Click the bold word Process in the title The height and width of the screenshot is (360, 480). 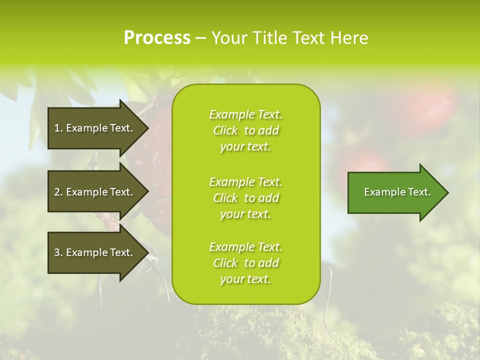click(x=157, y=38)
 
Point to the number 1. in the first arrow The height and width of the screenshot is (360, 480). click(x=58, y=128)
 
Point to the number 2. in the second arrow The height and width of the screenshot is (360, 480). click(x=58, y=192)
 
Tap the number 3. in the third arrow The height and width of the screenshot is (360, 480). click(x=58, y=252)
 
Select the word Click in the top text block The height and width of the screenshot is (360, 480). click(x=225, y=130)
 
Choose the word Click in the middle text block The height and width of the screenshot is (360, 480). click(x=225, y=198)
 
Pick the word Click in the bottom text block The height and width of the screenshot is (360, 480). click(x=225, y=263)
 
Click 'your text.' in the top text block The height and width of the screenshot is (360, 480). click(x=245, y=146)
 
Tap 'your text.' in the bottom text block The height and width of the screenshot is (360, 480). click(x=245, y=279)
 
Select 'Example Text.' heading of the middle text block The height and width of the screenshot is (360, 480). click(x=245, y=182)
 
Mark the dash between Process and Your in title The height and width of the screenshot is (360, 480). click(x=200, y=38)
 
